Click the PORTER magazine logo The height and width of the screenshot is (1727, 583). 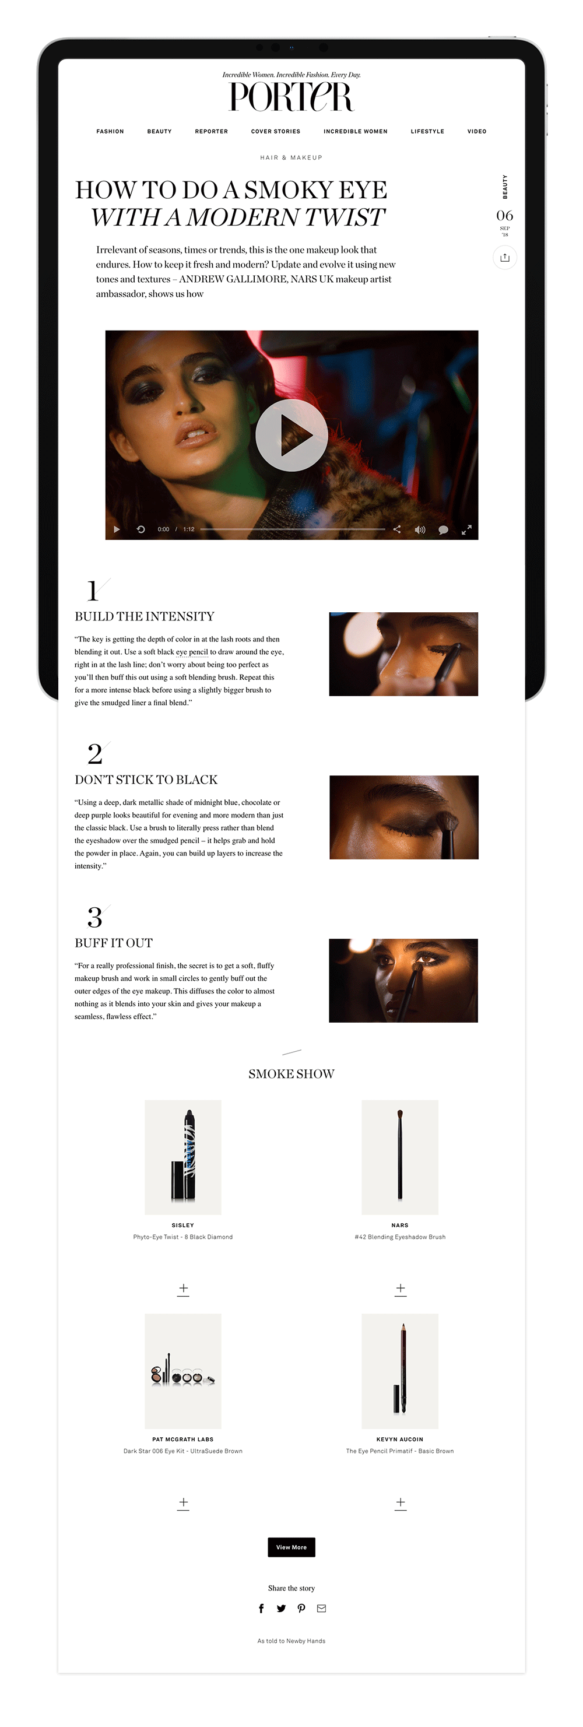click(291, 97)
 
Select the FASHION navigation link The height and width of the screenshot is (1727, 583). click(110, 131)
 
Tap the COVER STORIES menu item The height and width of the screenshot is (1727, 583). click(275, 131)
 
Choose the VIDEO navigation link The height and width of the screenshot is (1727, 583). click(476, 131)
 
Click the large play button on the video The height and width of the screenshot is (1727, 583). click(291, 435)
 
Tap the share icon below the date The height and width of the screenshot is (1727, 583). click(505, 258)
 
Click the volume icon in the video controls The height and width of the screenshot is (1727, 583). click(420, 529)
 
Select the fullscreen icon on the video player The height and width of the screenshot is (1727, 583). click(466, 529)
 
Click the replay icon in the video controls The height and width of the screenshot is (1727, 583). click(141, 529)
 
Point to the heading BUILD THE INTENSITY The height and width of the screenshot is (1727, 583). click(145, 616)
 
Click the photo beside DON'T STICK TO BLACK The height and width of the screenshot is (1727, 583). click(403, 817)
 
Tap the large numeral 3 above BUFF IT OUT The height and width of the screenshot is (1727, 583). click(94, 917)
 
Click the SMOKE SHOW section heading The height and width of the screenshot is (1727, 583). click(291, 1074)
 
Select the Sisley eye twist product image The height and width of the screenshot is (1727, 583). click(183, 1156)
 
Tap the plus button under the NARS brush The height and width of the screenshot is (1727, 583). click(400, 1289)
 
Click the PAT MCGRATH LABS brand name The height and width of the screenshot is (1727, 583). click(183, 1440)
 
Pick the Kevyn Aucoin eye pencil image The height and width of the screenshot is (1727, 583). click(400, 1371)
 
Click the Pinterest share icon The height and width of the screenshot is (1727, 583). click(301, 1608)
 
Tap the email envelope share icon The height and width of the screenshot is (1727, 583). click(322, 1608)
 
